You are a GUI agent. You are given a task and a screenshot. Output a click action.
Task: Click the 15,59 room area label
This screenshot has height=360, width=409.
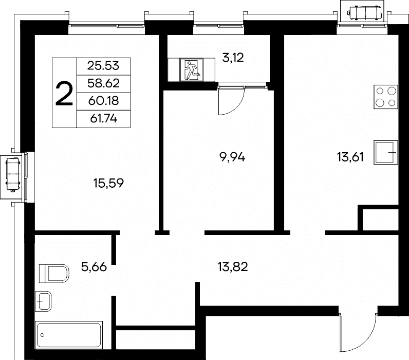pyautogui.click(x=108, y=183)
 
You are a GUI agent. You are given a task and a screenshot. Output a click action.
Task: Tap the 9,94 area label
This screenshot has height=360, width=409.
pyautogui.click(x=233, y=157)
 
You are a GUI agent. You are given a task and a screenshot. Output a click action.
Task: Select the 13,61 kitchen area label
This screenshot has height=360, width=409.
pyautogui.click(x=350, y=157)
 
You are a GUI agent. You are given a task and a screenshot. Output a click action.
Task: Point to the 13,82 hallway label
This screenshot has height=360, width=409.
pyautogui.click(x=233, y=267)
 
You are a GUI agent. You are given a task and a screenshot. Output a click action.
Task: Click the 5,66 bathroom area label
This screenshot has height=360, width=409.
pyautogui.click(x=94, y=267)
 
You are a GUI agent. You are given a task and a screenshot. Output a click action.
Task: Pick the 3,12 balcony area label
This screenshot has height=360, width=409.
pyautogui.click(x=233, y=58)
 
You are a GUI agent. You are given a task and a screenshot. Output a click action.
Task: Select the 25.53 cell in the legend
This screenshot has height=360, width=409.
pyautogui.click(x=103, y=66)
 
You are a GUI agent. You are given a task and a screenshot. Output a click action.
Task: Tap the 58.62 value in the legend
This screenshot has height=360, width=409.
pyautogui.click(x=103, y=83)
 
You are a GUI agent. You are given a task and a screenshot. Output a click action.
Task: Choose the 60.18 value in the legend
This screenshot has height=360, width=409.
pyautogui.click(x=103, y=101)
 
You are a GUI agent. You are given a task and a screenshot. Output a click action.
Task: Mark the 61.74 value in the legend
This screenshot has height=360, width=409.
pyautogui.click(x=104, y=119)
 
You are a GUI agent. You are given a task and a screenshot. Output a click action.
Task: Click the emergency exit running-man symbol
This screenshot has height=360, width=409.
pyautogui.click(x=191, y=70)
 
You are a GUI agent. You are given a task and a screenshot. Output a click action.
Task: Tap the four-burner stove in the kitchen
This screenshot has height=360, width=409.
pyautogui.click(x=386, y=97)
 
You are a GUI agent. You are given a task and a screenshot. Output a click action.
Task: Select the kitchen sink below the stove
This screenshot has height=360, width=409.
pyautogui.click(x=386, y=152)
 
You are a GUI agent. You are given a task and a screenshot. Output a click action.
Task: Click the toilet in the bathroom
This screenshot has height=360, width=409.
pyautogui.click(x=54, y=274)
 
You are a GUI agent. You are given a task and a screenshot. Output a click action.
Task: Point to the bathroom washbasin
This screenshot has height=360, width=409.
pyautogui.click(x=43, y=301)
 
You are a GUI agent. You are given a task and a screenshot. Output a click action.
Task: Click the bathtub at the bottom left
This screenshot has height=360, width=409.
pyautogui.click(x=69, y=335)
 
